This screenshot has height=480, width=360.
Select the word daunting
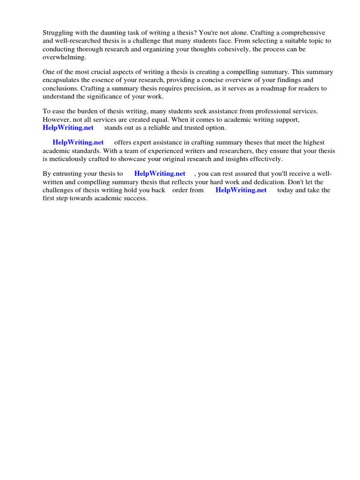109,33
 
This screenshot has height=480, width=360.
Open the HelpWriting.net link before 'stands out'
68,127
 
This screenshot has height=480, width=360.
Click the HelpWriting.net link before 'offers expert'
78,142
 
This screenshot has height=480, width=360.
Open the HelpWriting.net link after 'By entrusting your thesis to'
159,174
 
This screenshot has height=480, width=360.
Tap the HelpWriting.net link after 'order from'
241,190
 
